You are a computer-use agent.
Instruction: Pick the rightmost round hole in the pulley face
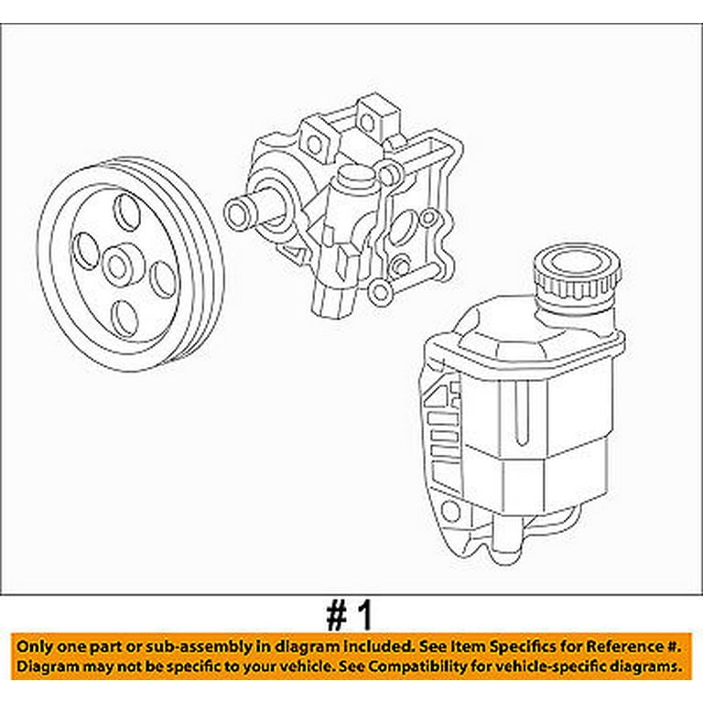coord(161,277)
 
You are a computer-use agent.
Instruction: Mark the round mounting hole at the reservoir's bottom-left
coord(448,511)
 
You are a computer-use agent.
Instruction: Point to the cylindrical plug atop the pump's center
coord(351,184)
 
